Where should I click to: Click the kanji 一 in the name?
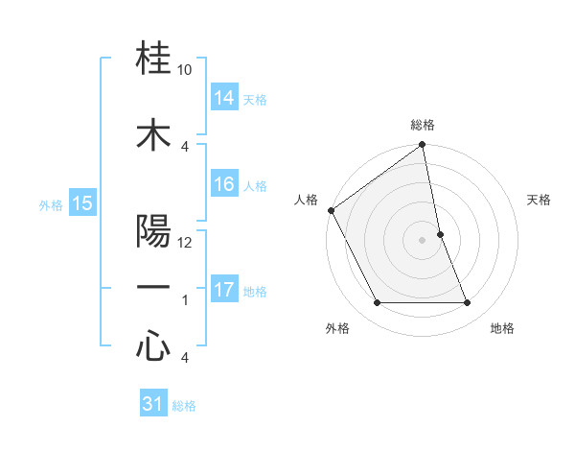(x=153, y=288)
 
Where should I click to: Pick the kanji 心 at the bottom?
(x=153, y=347)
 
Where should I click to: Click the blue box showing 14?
(x=224, y=98)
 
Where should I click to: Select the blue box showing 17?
(x=224, y=290)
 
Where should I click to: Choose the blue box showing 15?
(x=82, y=203)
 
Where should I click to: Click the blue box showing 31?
(x=153, y=405)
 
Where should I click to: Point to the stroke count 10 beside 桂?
(x=185, y=70)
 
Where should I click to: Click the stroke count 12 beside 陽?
(x=185, y=243)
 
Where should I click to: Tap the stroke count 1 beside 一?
(x=185, y=300)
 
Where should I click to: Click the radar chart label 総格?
(x=423, y=125)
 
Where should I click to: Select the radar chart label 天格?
(x=540, y=200)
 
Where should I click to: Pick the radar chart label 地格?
(x=502, y=328)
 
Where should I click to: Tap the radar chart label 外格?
(x=337, y=328)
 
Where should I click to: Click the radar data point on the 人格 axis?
(x=331, y=210)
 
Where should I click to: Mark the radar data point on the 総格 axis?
(x=423, y=146)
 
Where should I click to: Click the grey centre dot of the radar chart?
(x=423, y=239)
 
